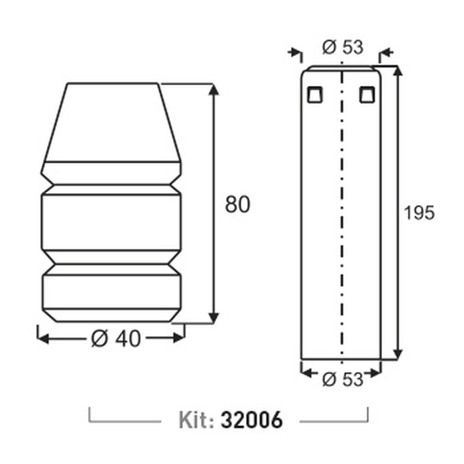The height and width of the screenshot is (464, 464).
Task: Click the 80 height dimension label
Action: [237, 204]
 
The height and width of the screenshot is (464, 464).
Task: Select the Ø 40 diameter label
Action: [116, 338]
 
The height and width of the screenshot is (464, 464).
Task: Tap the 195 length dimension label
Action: [419, 213]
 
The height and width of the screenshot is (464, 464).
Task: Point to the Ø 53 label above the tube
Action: [343, 47]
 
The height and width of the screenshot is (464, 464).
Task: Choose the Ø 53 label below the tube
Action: [343, 379]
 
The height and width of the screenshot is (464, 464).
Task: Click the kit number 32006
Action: [251, 419]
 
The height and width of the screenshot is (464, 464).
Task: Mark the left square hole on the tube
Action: [315, 95]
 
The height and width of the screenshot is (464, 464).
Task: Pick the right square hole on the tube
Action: [367, 95]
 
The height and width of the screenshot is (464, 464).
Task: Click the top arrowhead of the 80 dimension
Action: [213, 90]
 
